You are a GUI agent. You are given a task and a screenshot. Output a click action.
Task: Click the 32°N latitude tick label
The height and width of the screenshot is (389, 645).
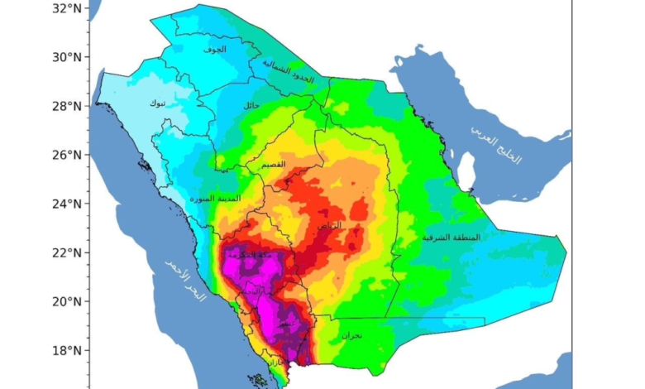[64, 8]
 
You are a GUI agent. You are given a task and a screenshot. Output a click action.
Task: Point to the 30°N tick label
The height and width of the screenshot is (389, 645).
[64, 57]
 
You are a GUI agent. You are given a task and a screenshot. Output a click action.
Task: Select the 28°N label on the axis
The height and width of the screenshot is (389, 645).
[64, 106]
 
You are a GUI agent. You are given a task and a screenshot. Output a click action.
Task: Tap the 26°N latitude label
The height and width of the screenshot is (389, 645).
[64, 155]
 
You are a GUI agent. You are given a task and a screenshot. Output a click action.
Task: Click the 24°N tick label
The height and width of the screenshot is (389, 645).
[64, 204]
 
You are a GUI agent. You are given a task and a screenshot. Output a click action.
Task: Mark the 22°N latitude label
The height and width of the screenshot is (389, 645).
[64, 252]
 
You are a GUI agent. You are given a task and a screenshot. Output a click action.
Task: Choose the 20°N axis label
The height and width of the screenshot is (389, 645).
[64, 301]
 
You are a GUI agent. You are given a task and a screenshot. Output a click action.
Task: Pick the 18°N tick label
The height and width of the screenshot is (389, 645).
[64, 350]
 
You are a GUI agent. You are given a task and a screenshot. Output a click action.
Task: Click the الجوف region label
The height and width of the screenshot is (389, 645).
[215, 50]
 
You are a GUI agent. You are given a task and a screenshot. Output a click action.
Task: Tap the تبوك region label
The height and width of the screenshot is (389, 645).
[156, 103]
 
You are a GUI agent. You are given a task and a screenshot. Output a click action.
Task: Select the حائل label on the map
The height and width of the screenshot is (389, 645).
[251, 105]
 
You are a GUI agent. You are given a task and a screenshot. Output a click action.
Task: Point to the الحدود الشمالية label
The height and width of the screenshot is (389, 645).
[289, 73]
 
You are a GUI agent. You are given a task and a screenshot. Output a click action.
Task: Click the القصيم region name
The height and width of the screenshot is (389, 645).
[273, 166]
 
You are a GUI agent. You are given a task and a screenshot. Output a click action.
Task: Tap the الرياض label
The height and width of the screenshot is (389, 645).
[328, 225]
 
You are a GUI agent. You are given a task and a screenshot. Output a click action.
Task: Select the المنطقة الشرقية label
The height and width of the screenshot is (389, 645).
[451, 237]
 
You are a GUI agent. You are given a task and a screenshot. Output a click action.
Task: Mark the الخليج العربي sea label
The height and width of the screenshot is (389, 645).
[496, 145]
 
